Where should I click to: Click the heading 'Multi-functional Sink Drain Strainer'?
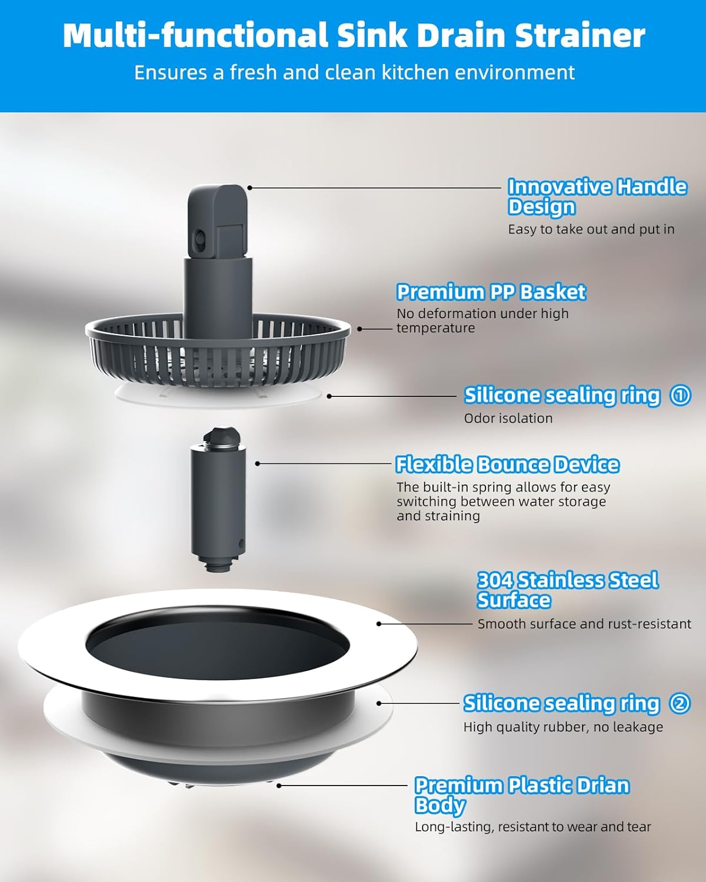(x=354, y=35)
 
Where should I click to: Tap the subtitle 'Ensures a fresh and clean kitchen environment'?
(x=354, y=72)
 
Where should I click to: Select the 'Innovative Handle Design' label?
(x=597, y=196)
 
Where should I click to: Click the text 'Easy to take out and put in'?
(x=591, y=229)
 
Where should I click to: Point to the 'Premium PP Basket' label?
(x=491, y=292)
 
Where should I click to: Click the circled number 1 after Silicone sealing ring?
(x=680, y=395)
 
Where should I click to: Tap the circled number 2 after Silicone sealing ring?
(x=680, y=703)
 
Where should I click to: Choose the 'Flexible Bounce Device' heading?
(x=507, y=465)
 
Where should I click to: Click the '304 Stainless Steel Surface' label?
(x=567, y=590)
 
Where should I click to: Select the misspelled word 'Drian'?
(x=599, y=786)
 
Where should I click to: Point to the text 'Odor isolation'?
(x=508, y=419)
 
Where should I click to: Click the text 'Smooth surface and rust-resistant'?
(x=584, y=624)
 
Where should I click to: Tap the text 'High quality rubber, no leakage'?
(x=563, y=727)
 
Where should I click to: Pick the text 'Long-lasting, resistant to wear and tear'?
(x=532, y=827)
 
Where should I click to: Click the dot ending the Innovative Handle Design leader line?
(x=249, y=188)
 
